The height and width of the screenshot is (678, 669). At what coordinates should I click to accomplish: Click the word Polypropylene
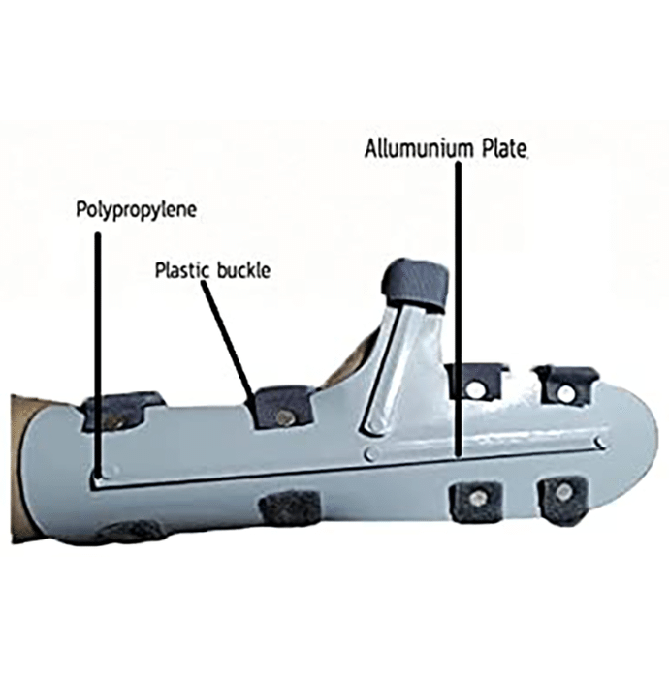137,210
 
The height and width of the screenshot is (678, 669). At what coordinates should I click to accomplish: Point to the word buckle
243,270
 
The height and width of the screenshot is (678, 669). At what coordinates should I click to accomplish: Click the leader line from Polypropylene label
98,355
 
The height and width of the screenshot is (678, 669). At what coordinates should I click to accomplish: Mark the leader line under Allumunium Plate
458,308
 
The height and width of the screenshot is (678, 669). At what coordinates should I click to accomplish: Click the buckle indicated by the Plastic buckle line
282,408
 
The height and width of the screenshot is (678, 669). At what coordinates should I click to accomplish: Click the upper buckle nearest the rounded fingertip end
564,385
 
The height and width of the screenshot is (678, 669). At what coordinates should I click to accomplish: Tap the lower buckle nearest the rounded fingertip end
562,500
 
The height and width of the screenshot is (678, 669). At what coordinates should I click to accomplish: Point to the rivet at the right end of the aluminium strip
600,442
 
